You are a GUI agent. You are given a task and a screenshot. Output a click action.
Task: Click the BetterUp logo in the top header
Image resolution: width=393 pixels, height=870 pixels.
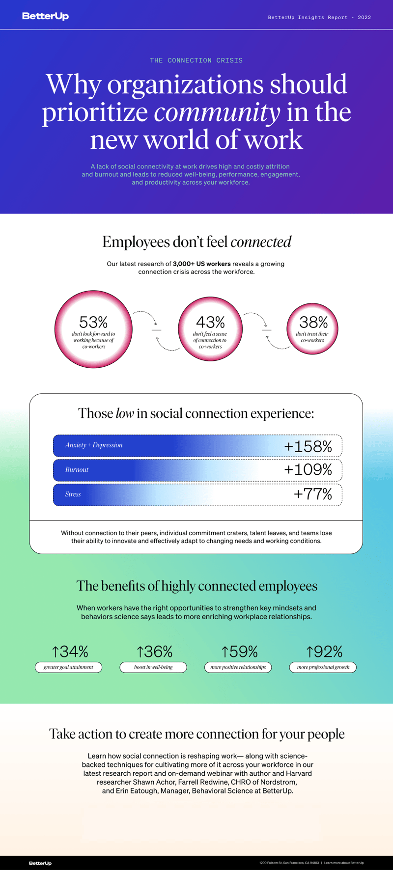[x=45, y=16]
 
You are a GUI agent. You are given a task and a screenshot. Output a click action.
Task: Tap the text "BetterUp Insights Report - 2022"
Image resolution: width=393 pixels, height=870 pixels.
[x=319, y=17]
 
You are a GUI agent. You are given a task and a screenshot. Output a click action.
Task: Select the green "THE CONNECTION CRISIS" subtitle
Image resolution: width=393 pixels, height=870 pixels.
[x=196, y=60]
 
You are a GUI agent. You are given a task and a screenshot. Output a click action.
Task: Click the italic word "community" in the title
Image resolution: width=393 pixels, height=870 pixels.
[x=217, y=112]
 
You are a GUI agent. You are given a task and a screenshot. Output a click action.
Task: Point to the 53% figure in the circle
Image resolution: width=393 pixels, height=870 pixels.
[x=93, y=322]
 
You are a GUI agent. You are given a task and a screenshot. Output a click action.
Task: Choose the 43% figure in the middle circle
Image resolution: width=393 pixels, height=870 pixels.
[x=210, y=322]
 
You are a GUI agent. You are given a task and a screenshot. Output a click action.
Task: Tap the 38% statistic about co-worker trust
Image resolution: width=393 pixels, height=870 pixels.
[x=313, y=322]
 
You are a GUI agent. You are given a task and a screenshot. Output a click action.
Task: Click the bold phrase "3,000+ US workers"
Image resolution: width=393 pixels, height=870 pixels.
[x=201, y=264]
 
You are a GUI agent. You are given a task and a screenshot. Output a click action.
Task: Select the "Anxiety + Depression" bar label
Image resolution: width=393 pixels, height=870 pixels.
[x=94, y=445]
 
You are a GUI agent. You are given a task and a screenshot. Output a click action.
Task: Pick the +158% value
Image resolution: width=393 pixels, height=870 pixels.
[x=308, y=446]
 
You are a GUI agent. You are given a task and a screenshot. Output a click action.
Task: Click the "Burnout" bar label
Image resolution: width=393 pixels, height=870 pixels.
[x=77, y=469]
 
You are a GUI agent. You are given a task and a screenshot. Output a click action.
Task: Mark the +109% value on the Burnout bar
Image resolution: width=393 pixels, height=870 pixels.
[x=308, y=469]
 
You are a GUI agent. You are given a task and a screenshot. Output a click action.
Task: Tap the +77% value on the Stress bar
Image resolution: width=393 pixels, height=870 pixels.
[x=313, y=494]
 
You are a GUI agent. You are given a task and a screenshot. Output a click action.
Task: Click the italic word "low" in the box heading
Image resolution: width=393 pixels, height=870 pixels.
[x=124, y=413]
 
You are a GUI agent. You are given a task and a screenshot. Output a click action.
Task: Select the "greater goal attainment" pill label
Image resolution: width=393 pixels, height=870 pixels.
[x=68, y=667]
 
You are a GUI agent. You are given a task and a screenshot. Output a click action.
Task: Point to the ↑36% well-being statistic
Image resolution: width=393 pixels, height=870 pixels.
[x=154, y=652]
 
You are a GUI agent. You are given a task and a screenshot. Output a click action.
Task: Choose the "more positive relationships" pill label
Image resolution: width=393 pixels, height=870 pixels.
[x=238, y=667]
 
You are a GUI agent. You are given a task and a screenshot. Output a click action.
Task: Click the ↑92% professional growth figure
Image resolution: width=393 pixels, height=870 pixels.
[x=324, y=652]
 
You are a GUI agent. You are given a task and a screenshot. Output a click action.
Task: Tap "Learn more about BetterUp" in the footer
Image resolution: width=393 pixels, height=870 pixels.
[x=344, y=863]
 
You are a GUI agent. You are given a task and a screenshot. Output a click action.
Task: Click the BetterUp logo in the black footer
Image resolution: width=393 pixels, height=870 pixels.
[x=40, y=863]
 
